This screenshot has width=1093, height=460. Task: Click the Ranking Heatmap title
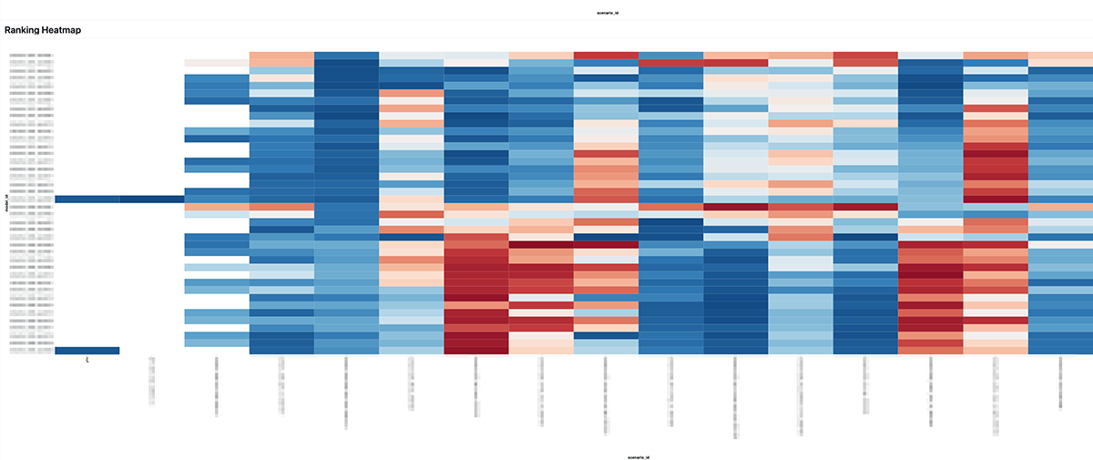tap(42, 30)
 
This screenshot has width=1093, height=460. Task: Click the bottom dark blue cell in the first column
tap(87, 351)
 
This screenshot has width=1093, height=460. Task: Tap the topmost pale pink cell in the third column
tap(217, 63)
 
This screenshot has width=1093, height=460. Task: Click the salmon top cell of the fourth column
tap(281, 56)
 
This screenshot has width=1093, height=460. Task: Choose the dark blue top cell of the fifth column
tap(346, 56)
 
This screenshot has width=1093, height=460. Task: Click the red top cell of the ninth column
tap(606, 56)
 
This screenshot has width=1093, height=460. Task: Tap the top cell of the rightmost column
tap(1060, 56)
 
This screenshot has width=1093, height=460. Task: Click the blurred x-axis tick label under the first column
tap(87, 362)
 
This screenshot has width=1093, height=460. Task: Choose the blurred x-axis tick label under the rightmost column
tap(1060, 383)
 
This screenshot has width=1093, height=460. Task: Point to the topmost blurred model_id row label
tap(31, 56)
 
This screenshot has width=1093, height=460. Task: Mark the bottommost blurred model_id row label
tap(31, 351)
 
